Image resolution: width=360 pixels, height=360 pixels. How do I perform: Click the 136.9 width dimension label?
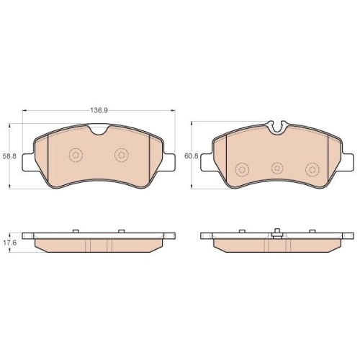[99, 110]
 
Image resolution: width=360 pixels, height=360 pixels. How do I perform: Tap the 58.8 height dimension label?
[9, 156]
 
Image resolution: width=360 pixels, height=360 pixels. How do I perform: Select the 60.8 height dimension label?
[192, 156]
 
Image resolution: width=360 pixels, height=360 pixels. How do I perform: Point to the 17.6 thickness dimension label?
[9, 243]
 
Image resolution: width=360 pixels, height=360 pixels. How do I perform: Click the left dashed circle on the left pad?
[76, 155]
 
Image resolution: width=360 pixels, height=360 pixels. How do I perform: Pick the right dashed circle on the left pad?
[122, 155]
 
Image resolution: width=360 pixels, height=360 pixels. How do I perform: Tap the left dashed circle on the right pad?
[242, 170]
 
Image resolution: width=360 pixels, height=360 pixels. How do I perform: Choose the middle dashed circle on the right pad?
[277, 168]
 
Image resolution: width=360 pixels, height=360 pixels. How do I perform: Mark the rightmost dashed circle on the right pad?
[312, 170]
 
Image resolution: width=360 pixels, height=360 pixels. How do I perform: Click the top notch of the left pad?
[99, 130]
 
